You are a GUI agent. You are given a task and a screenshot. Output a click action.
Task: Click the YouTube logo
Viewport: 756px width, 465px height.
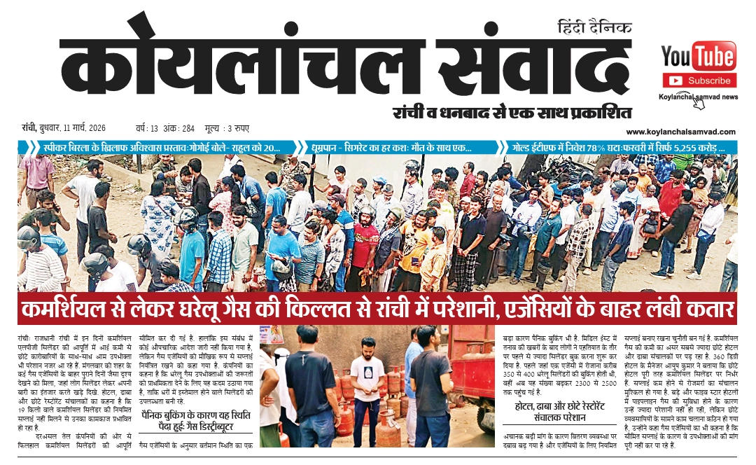(698, 55)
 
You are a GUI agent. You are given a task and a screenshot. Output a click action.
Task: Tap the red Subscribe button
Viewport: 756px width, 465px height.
(698, 81)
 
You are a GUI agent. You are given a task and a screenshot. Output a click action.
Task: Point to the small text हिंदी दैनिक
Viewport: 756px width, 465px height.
(594, 28)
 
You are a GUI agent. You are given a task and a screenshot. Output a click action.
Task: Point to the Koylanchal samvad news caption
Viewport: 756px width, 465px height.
(698, 97)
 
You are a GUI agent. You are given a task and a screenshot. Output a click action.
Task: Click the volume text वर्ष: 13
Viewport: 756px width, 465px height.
(148, 129)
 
